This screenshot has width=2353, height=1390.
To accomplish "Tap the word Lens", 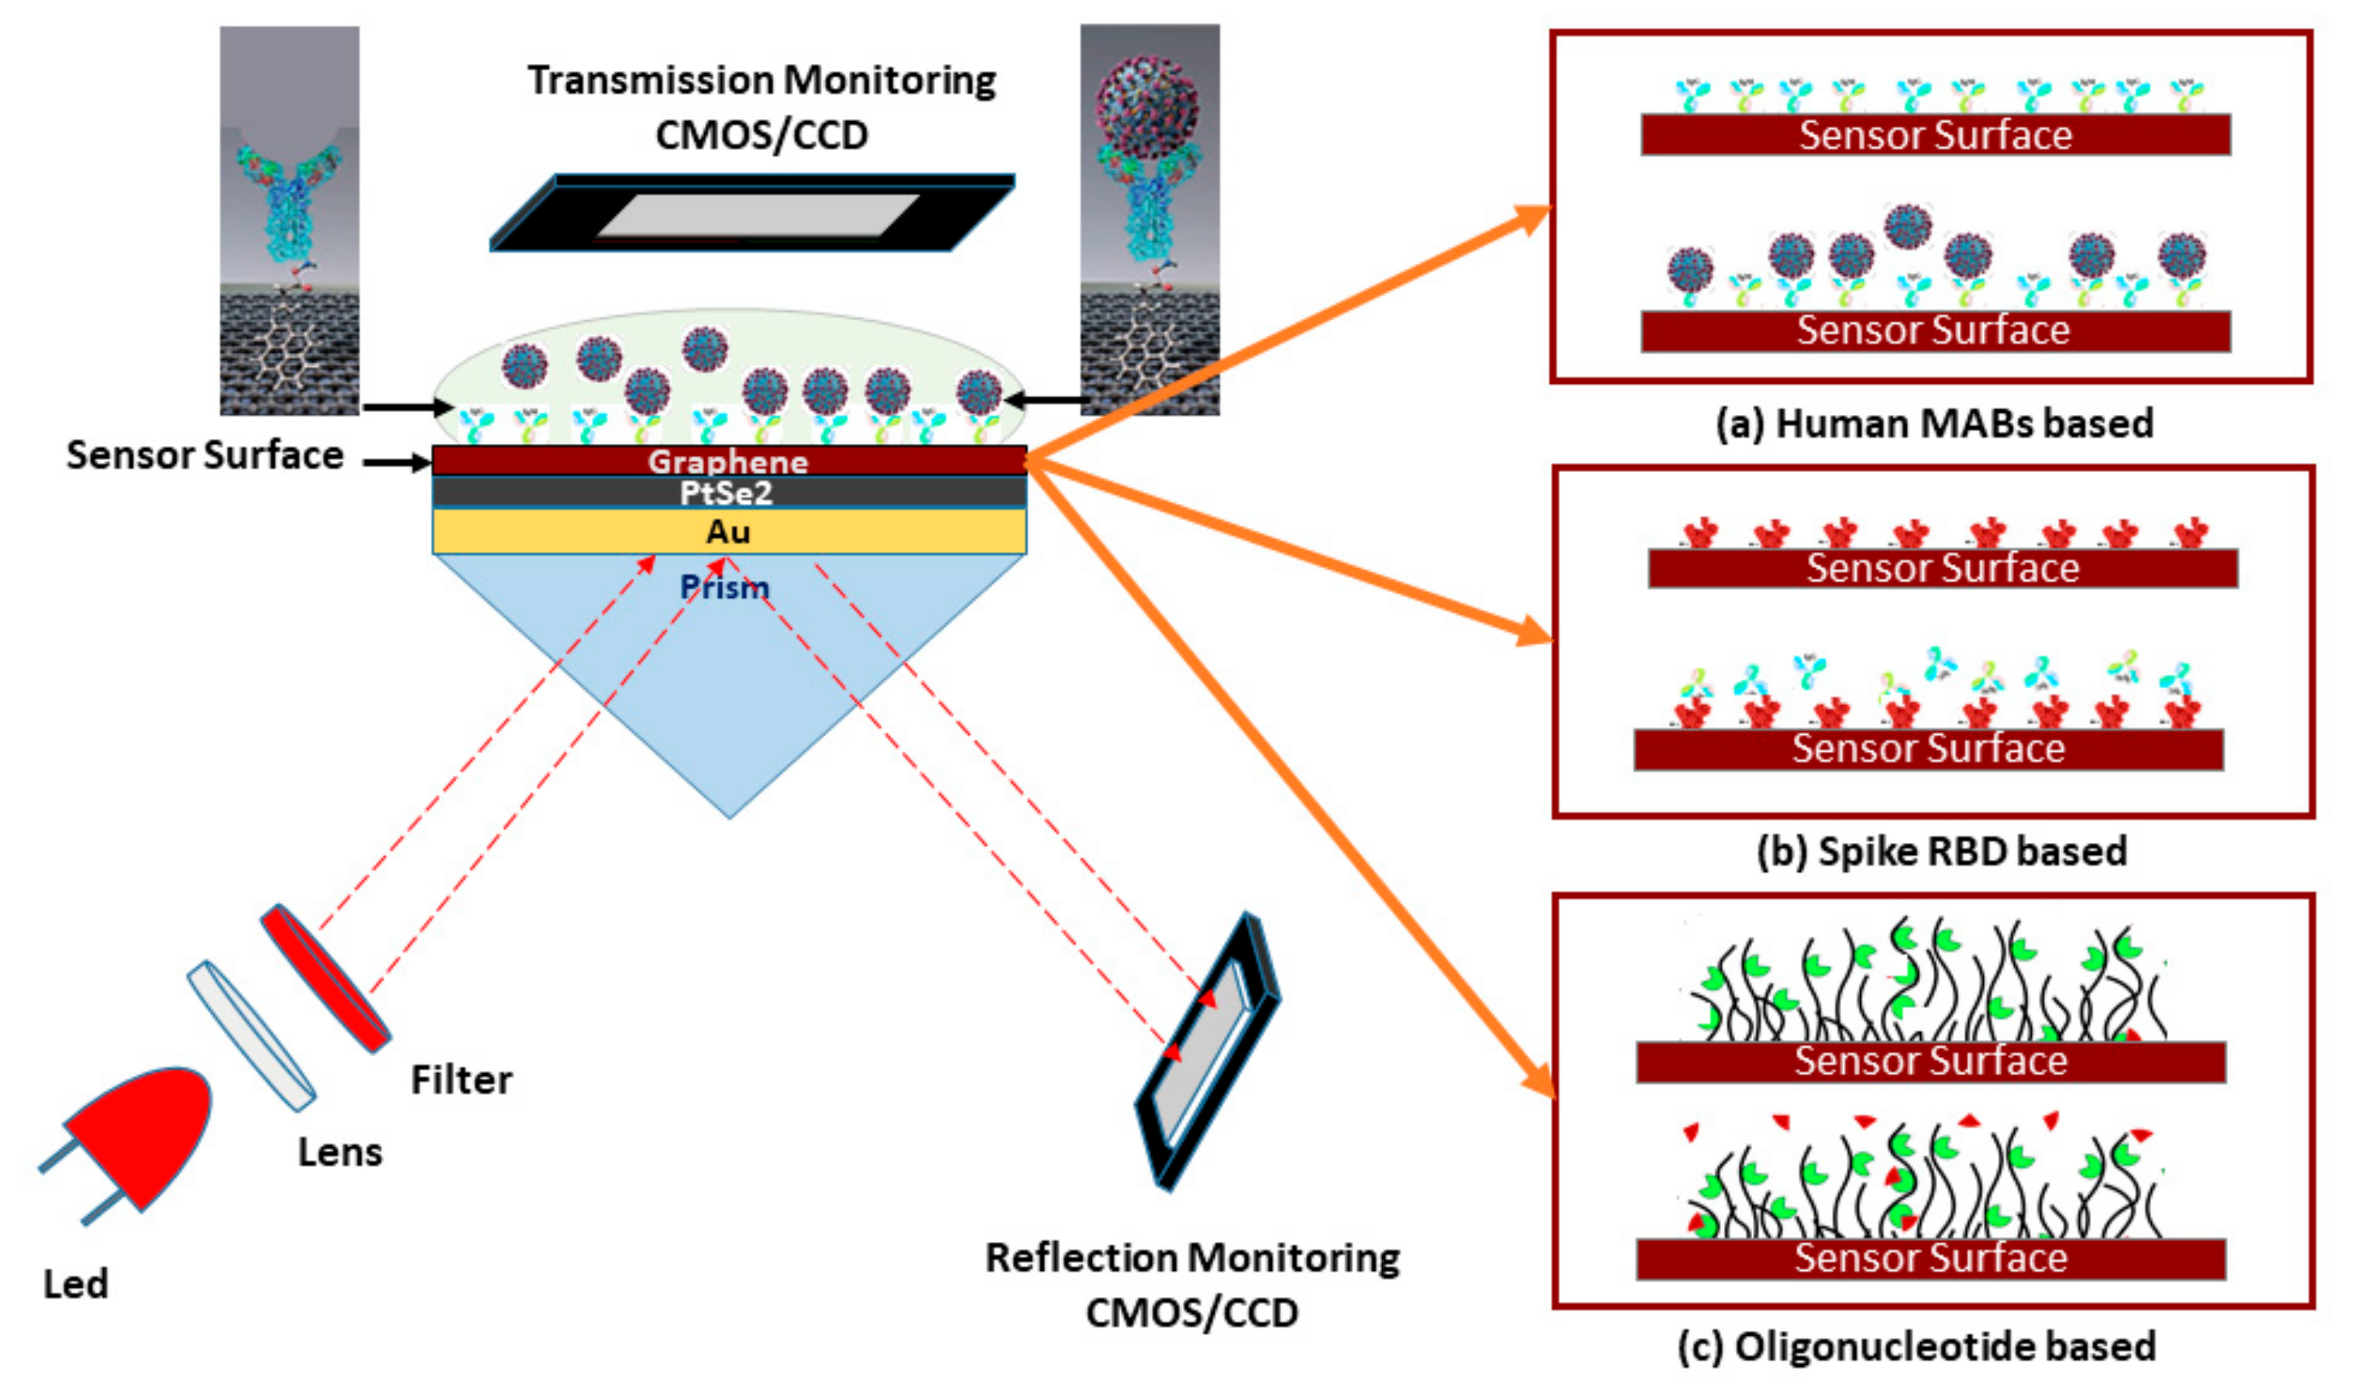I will click(340, 1153).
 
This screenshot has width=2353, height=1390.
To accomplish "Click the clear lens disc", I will click(251, 1035).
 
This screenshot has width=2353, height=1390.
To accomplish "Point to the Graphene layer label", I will click(728, 461).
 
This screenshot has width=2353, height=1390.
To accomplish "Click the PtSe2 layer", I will click(728, 493).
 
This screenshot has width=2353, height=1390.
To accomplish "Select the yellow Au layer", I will click(728, 532).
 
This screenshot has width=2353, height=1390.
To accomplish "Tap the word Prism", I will click(723, 588).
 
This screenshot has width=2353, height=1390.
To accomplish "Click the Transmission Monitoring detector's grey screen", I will click(756, 216).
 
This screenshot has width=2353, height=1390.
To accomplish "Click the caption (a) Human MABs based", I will click(1935, 424).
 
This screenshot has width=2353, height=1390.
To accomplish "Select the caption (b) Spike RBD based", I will click(1942, 851).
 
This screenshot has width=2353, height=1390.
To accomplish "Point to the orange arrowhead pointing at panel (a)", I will click(1531, 219).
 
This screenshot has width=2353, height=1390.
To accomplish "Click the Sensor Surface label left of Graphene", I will click(205, 455).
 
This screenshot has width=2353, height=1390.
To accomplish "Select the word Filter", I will click(461, 1080).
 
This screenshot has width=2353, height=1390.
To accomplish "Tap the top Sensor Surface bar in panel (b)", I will click(1942, 568).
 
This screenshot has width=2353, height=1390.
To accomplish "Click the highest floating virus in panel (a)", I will click(1908, 226).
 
